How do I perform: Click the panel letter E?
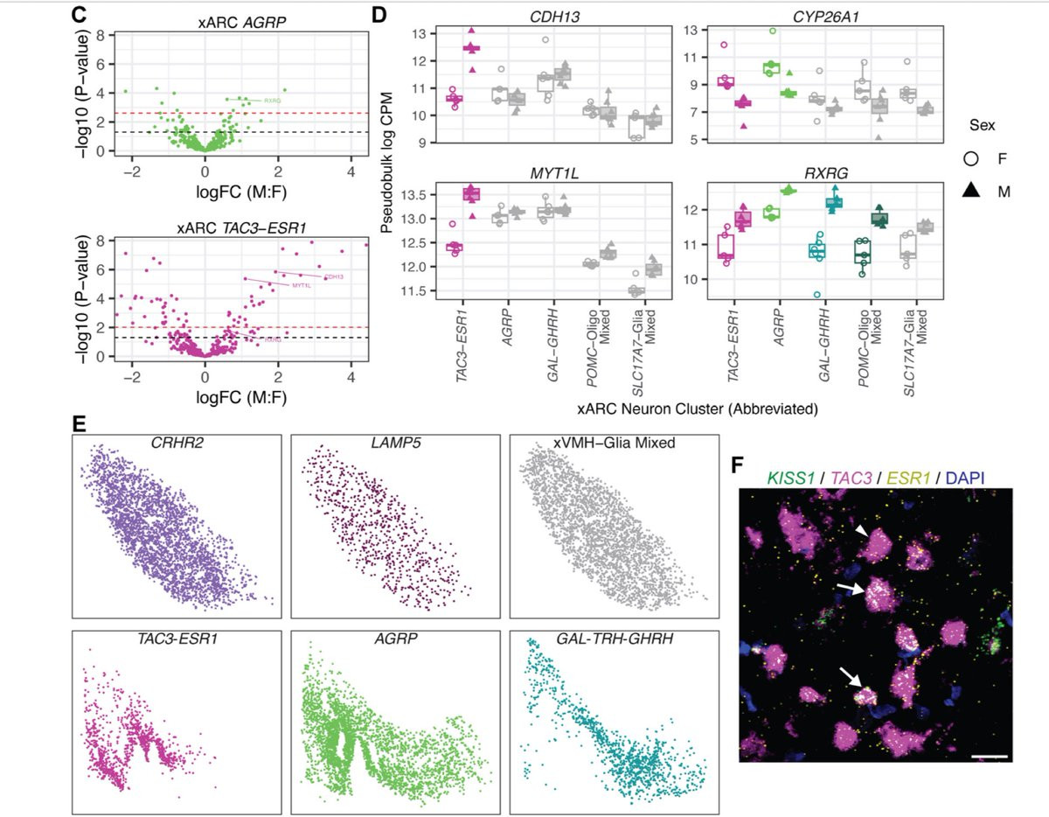tap(79, 424)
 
